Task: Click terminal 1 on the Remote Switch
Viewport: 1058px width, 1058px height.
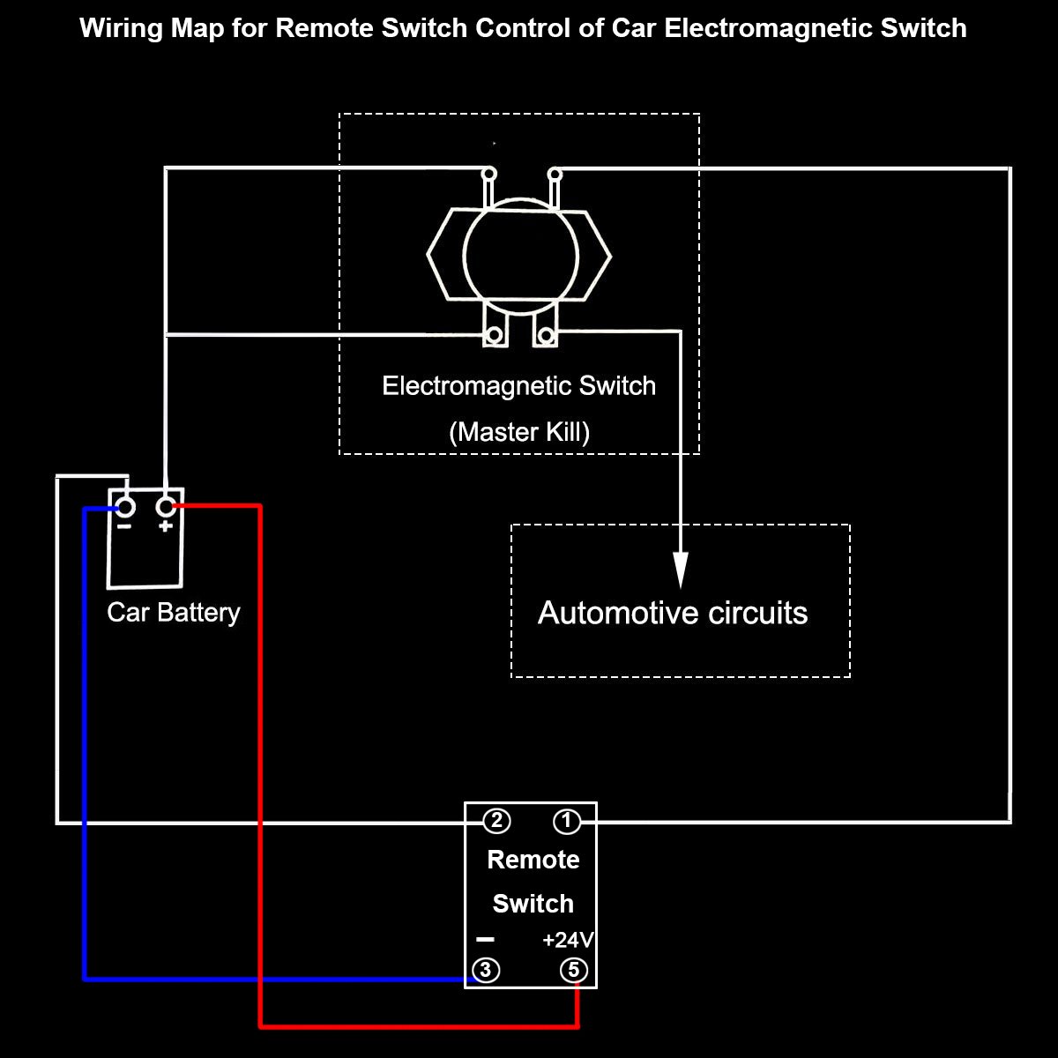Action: (x=566, y=822)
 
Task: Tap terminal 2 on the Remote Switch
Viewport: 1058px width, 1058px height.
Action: (x=496, y=822)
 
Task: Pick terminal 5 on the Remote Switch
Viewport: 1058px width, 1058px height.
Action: (x=574, y=971)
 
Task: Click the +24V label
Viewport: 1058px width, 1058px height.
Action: (x=568, y=940)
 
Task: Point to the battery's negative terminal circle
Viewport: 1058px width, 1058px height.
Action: (x=125, y=507)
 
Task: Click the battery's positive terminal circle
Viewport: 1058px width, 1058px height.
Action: (x=165, y=507)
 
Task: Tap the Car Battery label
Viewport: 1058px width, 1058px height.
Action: (x=173, y=612)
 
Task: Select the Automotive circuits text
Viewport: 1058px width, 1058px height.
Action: (x=672, y=613)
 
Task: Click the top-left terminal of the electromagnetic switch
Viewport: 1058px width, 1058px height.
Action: (x=488, y=173)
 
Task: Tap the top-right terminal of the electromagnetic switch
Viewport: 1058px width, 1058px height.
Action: (x=555, y=173)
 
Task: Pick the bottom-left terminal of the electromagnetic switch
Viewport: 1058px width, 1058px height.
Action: (x=495, y=335)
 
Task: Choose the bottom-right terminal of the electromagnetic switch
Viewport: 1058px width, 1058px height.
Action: (x=546, y=335)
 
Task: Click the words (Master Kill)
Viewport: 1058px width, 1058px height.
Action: (x=518, y=432)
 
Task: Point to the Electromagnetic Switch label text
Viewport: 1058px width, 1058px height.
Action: (x=518, y=386)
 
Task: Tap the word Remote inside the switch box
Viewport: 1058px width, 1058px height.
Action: (x=533, y=860)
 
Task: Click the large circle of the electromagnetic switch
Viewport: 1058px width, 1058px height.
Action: (x=520, y=256)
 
